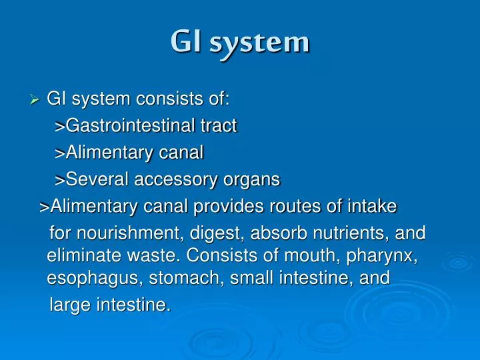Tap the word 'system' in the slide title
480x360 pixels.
click(259, 43)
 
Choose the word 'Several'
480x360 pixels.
click(98, 180)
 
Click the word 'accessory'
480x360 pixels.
click(175, 180)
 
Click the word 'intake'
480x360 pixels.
click(371, 207)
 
